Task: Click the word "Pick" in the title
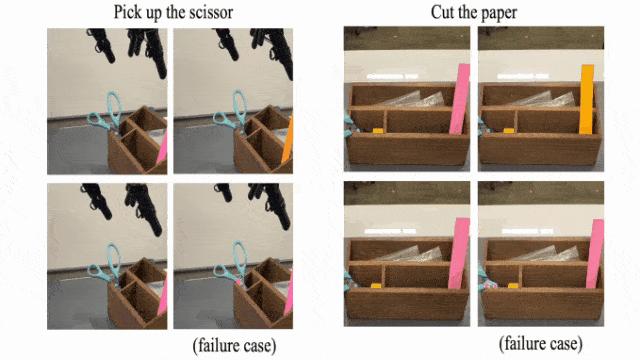tap(125, 12)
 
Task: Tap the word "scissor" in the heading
tap(211, 12)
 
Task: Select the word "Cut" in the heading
tap(442, 12)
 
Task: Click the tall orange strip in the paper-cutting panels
tap(587, 99)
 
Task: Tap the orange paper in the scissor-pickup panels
tap(288, 140)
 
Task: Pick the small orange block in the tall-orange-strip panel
tap(509, 131)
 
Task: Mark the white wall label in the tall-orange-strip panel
tap(522, 76)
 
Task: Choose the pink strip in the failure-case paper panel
tap(595, 253)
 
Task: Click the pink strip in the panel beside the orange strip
tap(459, 99)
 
